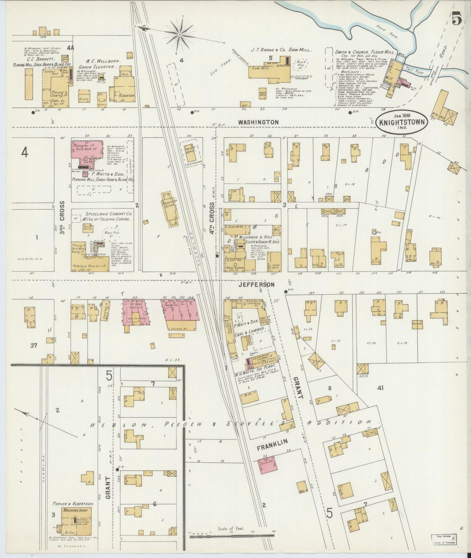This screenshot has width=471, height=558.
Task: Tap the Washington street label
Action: click(258, 122)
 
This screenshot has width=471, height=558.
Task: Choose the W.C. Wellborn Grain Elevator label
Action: click(99, 64)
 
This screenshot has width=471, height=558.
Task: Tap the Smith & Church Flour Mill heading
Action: click(365, 52)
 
